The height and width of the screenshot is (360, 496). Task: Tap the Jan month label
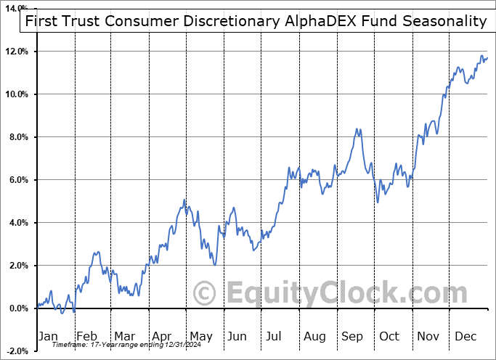[49, 336]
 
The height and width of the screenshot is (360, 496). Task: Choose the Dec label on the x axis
[465, 336]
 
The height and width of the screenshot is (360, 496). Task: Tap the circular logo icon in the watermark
[206, 293]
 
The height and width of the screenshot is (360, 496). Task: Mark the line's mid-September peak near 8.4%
[357, 129]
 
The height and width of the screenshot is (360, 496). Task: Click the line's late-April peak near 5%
[184, 200]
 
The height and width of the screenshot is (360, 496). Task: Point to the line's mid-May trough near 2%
[215, 265]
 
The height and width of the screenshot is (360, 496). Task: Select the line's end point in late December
[487, 58]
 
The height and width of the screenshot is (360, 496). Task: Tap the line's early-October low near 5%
[378, 202]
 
